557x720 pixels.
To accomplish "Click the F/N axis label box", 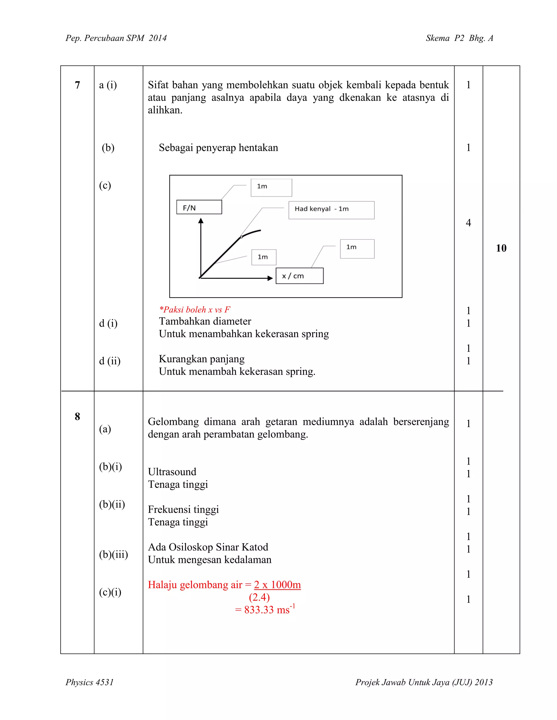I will tap(199, 207).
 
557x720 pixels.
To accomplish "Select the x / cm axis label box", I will tap(299, 276).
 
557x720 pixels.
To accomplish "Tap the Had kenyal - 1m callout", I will tap(331, 210).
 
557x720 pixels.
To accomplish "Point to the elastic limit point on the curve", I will tap(242, 237).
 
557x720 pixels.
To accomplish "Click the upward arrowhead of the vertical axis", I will tap(201, 221).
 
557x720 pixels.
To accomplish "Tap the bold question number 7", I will tap(77, 85).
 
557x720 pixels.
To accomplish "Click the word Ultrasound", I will tap(172, 472).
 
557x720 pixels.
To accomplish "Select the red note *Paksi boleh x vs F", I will tap(194, 309).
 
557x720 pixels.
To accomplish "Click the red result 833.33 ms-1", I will tap(265, 610).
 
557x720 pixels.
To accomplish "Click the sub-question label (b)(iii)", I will tap(113, 555).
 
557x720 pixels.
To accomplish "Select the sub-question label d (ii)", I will tap(110, 361).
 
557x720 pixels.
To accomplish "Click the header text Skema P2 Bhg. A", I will tap(459, 38).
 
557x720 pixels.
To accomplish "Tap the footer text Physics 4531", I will tap(89, 682).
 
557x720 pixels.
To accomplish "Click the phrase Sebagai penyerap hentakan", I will tap(218, 148).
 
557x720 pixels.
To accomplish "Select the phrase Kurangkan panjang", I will tap(202, 359).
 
